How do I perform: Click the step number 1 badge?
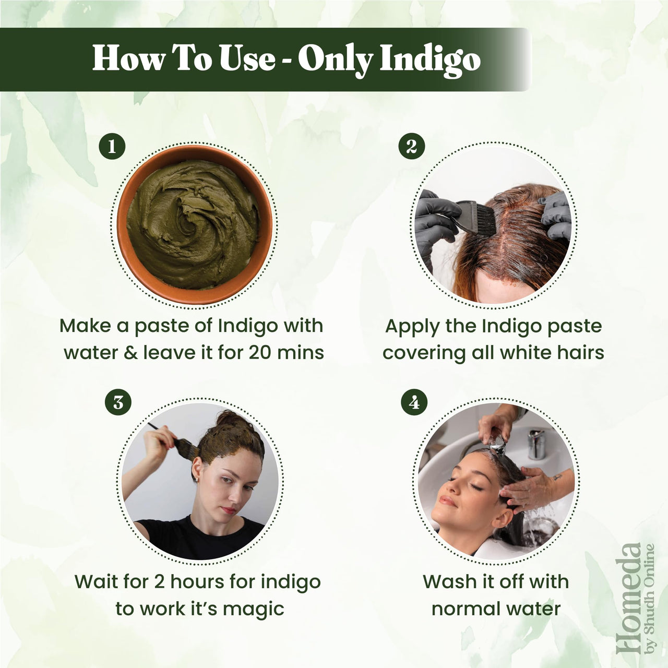click(x=112, y=147)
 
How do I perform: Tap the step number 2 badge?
click(x=411, y=147)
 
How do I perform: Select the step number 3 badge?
click(x=118, y=403)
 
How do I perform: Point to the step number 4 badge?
click(x=414, y=403)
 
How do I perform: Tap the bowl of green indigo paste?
click(x=194, y=224)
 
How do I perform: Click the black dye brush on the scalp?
click(x=472, y=217)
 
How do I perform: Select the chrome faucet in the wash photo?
click(x=536, y=444)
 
